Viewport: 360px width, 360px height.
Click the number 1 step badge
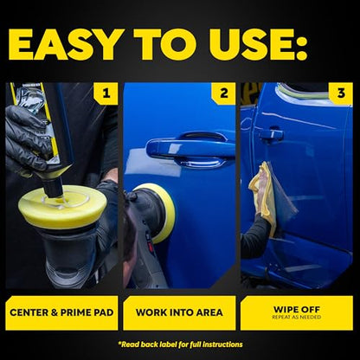coord(106,93)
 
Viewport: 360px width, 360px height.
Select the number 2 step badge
coord(223,93)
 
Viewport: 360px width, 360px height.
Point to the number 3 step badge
coord(341,93)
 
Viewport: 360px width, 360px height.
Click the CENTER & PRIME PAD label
coord(61,312)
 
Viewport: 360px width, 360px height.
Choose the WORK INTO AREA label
coord(179,312)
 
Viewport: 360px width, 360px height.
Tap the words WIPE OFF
coord(297,310)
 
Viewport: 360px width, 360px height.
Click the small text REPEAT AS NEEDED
coord(297,317)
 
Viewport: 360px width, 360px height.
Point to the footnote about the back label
coord(180,344)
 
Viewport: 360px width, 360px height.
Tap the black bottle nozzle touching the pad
coord(54,188)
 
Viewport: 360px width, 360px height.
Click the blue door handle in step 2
coord(190,150)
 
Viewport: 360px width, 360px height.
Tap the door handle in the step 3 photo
coord(271,134)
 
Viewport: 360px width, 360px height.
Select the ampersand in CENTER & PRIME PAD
coord(55,312)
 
